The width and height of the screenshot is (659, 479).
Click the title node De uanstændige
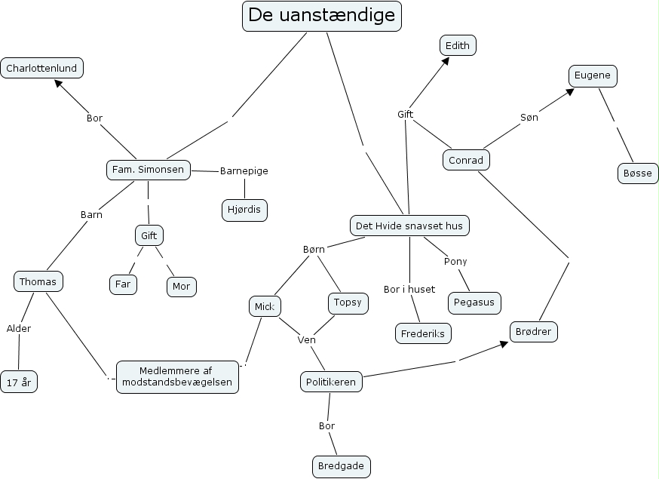322,16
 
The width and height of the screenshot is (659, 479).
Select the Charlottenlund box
41,68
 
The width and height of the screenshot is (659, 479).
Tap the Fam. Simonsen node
148,170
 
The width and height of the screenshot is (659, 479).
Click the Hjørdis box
244,209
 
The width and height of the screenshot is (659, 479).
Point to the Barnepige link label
244,170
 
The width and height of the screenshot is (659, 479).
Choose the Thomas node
38,282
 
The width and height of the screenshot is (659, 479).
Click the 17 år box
19,382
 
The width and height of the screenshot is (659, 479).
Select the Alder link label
19,328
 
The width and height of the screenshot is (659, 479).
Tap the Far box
123,284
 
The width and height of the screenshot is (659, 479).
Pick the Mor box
181,287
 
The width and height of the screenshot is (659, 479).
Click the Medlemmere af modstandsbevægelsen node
178,376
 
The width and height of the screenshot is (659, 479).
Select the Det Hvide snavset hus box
409,225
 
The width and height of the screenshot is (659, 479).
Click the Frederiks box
422,333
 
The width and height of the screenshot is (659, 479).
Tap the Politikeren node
331,382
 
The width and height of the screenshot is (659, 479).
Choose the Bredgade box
342,466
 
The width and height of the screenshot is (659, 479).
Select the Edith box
458,45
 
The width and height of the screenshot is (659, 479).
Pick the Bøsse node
637,173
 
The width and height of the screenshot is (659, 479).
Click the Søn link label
529,117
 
